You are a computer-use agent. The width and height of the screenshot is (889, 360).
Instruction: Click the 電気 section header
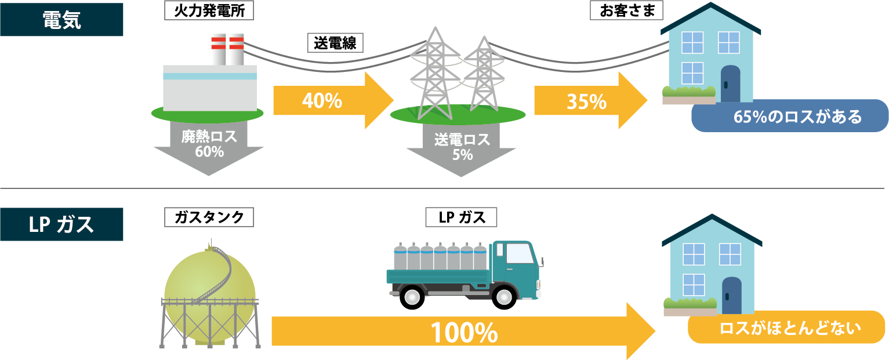61,20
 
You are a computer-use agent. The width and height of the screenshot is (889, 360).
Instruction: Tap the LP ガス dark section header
61,224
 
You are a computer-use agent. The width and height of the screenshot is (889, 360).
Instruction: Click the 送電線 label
335,43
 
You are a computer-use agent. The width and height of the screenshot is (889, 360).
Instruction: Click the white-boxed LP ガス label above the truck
461,217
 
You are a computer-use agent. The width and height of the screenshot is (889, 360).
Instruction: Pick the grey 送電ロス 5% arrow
462,150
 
